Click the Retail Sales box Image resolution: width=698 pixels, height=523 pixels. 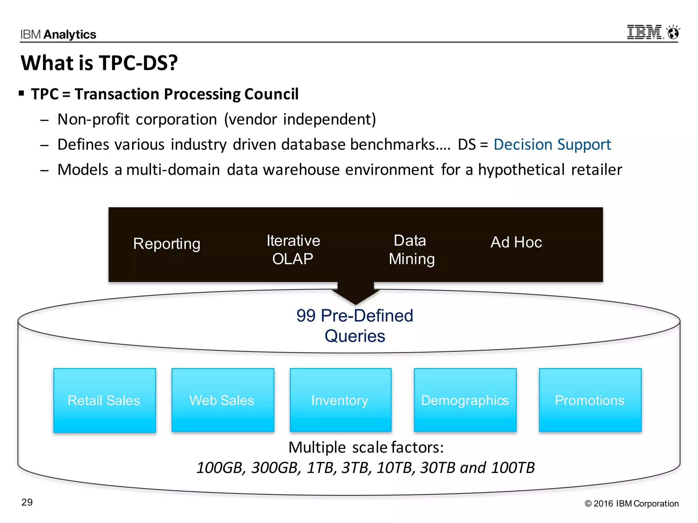click(104, 400)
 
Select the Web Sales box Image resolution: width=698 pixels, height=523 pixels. click(223, 400)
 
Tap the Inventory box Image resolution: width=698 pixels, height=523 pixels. click(340, 400)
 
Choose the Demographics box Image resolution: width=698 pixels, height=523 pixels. click(465, 400)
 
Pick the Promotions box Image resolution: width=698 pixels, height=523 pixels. click(590, 400)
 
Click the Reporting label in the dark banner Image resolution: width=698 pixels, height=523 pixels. click(167, 244)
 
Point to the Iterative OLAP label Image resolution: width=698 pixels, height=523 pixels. click(293, 250)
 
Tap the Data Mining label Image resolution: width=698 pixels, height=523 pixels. click(411, 250)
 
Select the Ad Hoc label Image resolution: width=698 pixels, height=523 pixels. click(516, 242)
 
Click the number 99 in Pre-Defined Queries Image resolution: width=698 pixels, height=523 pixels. click(306, 316)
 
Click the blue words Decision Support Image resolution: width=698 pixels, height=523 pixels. click(552, 144)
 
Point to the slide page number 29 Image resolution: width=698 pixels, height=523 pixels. click(27, 502)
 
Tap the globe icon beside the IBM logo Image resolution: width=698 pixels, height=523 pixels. click(673, 33)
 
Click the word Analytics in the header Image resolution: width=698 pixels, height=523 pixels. click(70, 34)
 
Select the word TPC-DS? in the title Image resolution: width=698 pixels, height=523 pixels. click(138, 63)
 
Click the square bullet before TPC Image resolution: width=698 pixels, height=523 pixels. click(21, 93)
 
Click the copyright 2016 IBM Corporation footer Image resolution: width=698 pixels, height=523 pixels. click(632, 504)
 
